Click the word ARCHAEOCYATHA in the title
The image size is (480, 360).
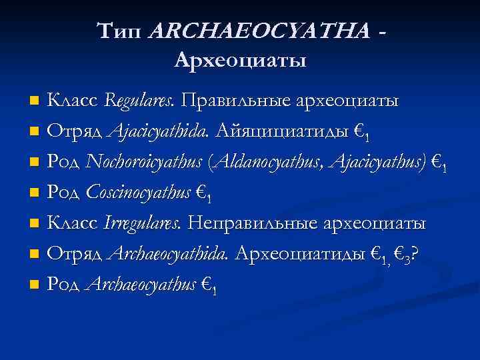pyautogui.click(x=260, y=30)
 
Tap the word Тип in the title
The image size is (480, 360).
pyautogui.click(x=122, y=30)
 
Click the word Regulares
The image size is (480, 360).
pyautogui.click(x=139, y=101)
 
